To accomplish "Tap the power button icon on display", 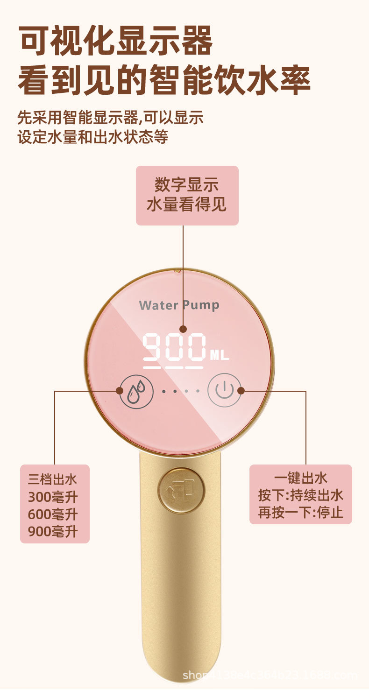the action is click(x=224, y=390).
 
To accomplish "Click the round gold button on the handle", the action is click(x=181, y=491).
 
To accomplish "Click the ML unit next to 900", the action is click(x=220, y=355).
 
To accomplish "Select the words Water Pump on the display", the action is click(x=179, y=305).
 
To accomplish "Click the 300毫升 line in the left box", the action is click(x=53, y=497).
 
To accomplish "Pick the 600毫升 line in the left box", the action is click(x=53, y=514).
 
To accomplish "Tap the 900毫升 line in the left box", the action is click(x=53, y=531).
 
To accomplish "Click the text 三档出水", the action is click(x=53, y=479).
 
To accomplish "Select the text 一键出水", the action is click(x=300, y=478).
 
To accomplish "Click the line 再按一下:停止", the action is click(x=300, y=512).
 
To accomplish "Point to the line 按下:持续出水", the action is click(x=300, y=495).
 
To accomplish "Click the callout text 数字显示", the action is click(x=187, y=185).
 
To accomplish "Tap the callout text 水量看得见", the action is click(x=187, y=204).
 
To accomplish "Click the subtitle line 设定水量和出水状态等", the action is click(x=93, y=137).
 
